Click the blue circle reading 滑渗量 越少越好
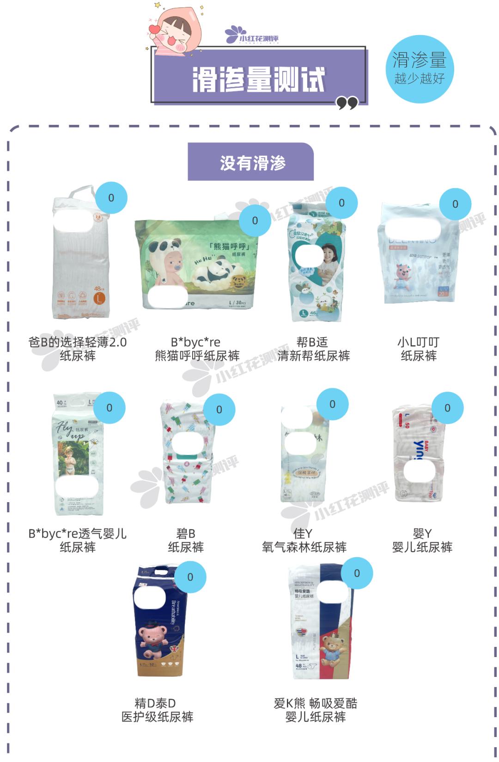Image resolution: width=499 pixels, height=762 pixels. coord(420,68)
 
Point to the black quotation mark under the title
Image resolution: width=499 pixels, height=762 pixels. coord(347,103)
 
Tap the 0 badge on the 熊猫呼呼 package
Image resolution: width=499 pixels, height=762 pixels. coord(255,221)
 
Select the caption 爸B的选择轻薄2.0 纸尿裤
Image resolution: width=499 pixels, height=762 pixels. coord(77,349)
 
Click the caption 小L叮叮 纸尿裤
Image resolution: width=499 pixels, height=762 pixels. coord(419,349)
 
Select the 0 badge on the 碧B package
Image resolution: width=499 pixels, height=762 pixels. coord(219,409)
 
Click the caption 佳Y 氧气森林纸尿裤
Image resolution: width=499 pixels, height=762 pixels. coord(304,540)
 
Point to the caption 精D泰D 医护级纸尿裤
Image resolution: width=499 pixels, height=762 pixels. coord(157,710)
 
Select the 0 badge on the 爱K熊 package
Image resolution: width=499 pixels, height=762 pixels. coord(357,573)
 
